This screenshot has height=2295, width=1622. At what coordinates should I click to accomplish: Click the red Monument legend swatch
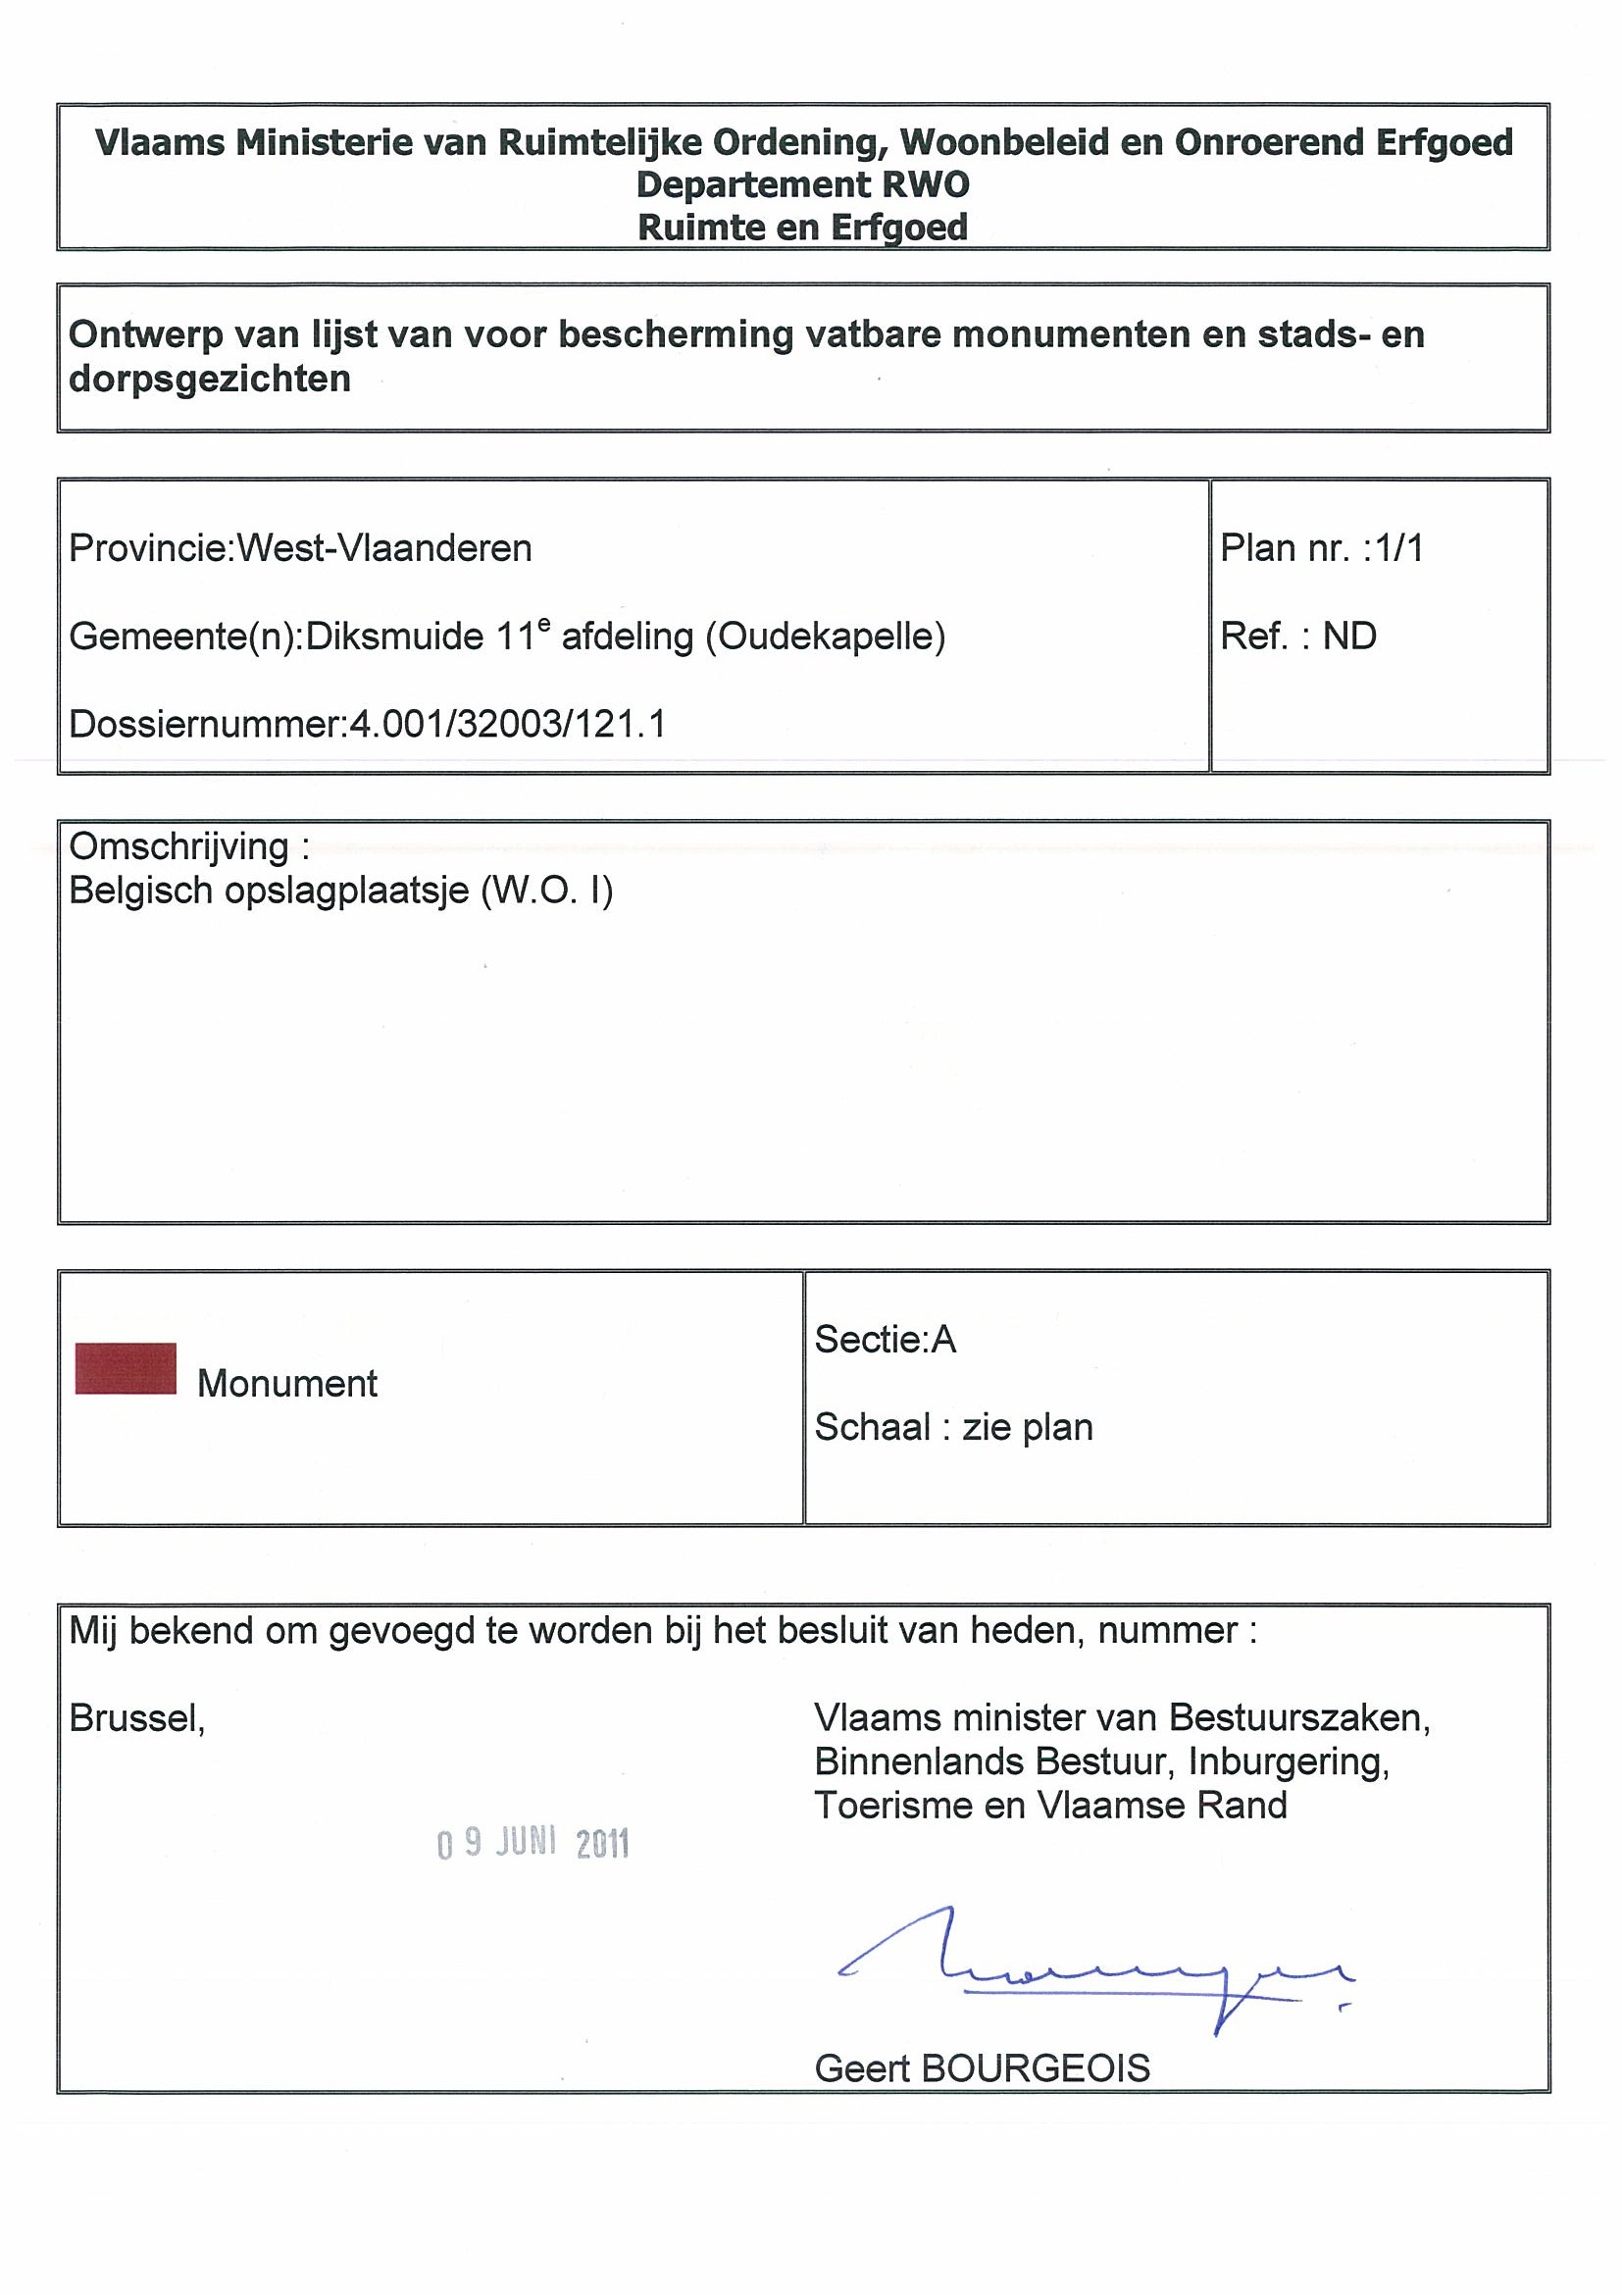point(126,1368)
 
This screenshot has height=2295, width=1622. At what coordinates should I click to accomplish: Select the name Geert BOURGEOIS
point(982,2068)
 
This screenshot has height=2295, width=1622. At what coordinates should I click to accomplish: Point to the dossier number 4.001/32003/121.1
point(507,724)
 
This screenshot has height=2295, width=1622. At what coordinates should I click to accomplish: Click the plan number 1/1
point(1399,548)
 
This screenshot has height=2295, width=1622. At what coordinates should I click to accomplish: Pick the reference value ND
point(1349,636)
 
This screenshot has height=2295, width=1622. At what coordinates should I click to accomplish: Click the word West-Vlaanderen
point(384,548)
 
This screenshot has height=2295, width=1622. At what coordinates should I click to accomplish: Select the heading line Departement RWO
point(802,185)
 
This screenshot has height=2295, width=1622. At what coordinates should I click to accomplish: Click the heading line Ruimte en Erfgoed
point(802,227)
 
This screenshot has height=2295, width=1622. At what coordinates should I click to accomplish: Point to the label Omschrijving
point(179,846)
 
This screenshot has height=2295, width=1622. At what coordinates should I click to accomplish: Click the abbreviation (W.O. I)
point(546,890)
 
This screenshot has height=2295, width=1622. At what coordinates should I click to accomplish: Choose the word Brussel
point(137,1717)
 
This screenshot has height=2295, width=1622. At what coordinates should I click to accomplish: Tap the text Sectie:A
point(886,1339)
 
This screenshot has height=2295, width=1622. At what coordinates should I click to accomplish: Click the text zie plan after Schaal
point(1028,1426)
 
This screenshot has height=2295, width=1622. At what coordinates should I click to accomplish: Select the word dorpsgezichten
point(210,379)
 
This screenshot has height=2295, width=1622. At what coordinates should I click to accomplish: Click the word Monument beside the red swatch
point(286,1384)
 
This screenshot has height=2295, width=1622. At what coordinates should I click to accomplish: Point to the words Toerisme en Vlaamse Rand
point(1050,1806)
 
